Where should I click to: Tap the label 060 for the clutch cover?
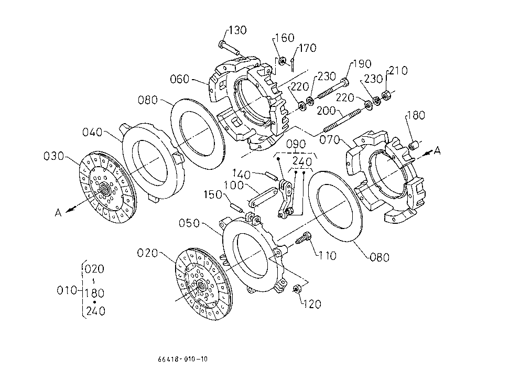tap(179, 79)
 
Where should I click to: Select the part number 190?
tap(362, 64)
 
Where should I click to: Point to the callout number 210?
tap(398, 71)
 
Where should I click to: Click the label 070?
tap(330, 139)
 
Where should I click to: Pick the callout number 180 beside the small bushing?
tap(416, 115)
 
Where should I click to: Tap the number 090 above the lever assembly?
tap(296, 144)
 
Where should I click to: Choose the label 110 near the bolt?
tap(327, 256)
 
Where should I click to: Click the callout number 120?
tap(312, 304)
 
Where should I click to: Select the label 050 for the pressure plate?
tap(189, 223)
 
